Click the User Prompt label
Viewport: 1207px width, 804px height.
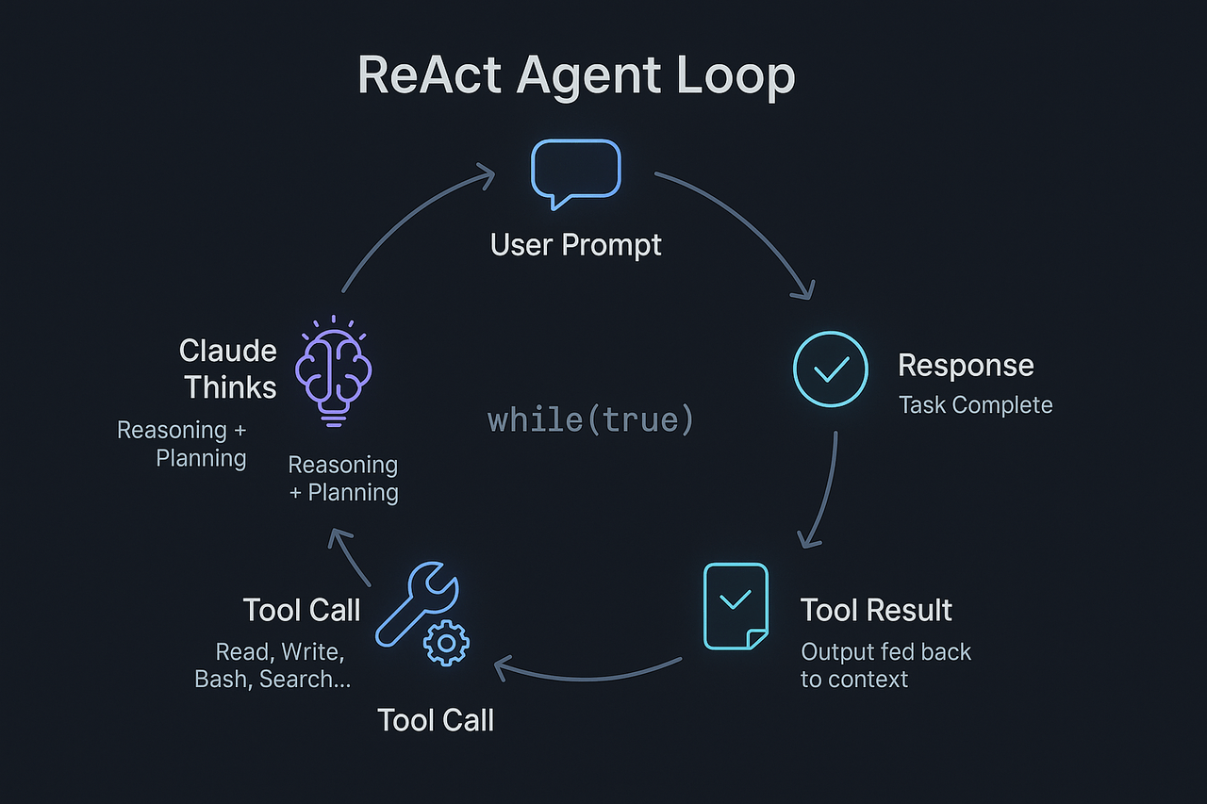pos(575,245)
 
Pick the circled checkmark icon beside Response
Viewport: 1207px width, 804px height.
pos(830,369)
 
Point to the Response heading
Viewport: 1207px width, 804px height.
pos(966,365)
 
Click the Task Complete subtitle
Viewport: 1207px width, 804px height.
pos(975,405)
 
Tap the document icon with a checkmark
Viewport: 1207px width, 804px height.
pos(736,605)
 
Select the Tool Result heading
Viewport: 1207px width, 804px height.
pos(876,610)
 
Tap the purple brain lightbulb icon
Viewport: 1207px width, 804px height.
pos(334,372)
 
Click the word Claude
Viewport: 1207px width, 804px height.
pos(228,352)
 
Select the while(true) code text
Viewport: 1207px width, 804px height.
pos(590,419)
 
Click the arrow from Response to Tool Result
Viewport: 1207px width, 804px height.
pos(822,490)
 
